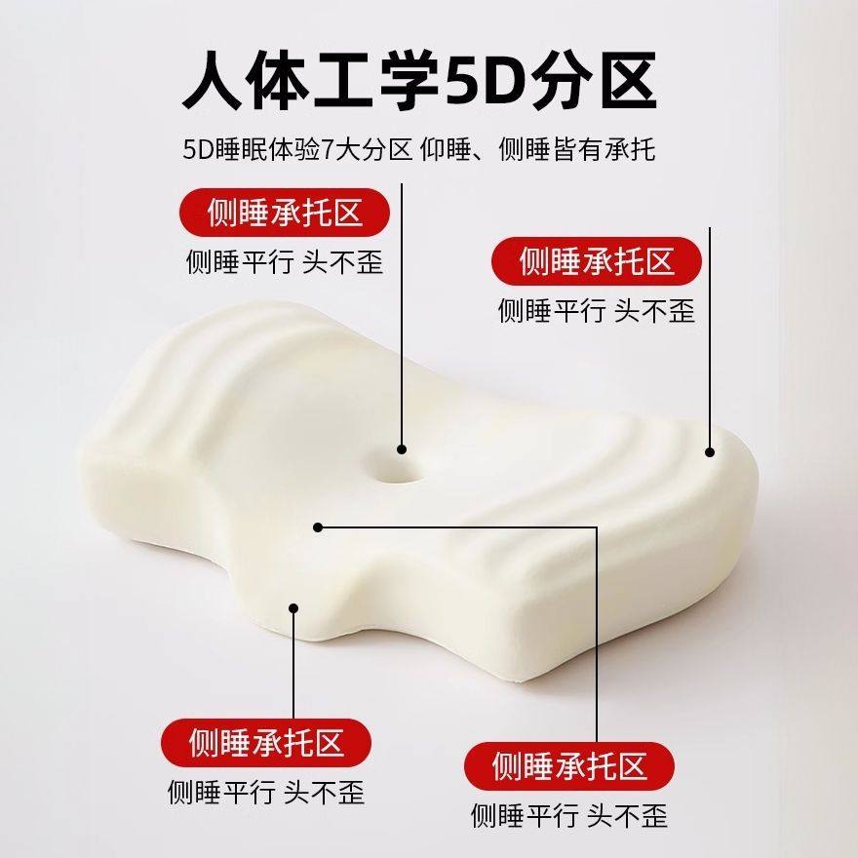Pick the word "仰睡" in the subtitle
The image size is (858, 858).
449,150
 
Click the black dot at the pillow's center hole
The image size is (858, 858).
402,449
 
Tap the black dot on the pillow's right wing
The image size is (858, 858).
710,451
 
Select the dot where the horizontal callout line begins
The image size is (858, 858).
318,527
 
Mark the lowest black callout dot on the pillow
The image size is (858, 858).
293,608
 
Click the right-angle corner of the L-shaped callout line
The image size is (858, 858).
597,527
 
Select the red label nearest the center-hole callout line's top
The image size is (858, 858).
285,212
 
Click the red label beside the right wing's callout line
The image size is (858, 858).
597,261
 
